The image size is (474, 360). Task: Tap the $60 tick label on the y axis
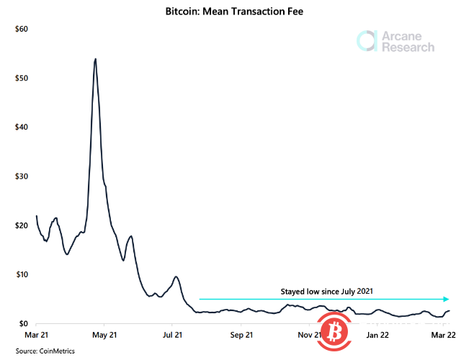pyautogui.click(x=21, y=29)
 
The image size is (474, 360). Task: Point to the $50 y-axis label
pyautogui.click(x=21, y=78)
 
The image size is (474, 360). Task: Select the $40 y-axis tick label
pyautogui.click(x=21, y=127)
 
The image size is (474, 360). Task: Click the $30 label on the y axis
pyautogui.click(x=21, y=176)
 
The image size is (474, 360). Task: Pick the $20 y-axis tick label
pyautogui.click(x=21, y=225)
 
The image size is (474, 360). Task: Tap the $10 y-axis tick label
pyautogui.click(x=21, y=274)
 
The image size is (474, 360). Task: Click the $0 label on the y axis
pyautogui.click(x=23, y=324)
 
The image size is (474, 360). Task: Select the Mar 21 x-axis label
pyautogui.click(x=36, y=335)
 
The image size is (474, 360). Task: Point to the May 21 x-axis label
pyautogui.click(x=104, y=335)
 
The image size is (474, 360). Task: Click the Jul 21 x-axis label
pyautogui.click(x=173, y=335)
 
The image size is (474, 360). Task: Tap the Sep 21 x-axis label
pyautogui.click(x=241, y=335)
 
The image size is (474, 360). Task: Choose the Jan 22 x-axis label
pyautogui.click(x=379, y=335)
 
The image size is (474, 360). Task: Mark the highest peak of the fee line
pyautogui.click(x=96, y=59)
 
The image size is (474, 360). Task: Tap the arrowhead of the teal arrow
pyautogui.click(x=447, y=299)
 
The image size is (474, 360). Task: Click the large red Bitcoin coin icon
pyautogui.click(x=333, y=333)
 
